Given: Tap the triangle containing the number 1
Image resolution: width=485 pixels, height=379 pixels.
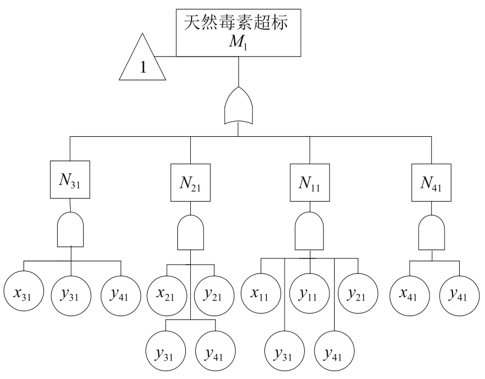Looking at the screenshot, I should point(143,63).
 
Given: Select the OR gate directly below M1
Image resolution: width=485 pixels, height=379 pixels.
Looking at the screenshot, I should point(240,107).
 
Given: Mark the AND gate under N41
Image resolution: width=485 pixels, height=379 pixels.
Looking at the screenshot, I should point(432,232).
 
